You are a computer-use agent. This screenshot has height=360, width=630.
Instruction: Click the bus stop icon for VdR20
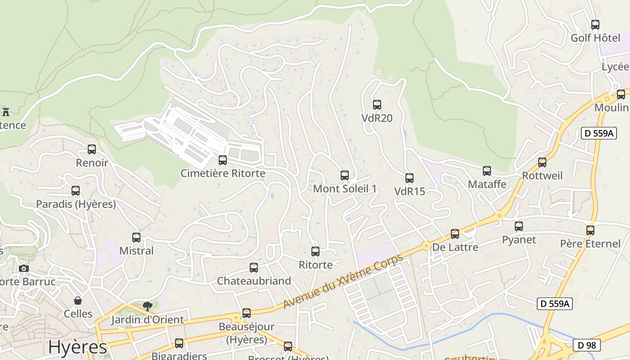(x=377, y=105)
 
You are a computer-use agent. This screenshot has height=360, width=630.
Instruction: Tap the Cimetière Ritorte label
(x=223, y=173)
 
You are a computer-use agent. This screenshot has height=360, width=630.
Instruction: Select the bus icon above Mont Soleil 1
(x=345, y=175)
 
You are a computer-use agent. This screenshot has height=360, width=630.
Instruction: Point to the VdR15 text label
(x=409, y=191)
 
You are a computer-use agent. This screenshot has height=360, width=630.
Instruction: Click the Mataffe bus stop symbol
(x=487, y=171)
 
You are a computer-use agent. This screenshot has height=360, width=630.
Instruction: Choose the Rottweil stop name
(x=542, y=175)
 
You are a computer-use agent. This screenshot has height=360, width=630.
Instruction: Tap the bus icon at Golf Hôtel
(x=595, y=25)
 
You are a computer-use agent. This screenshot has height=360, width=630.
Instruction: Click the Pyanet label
(x=519, y=239)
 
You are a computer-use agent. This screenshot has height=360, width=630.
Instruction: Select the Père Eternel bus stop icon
(x=590, y=230)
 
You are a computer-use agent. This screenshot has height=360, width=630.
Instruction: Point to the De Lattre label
(x=455, y=247)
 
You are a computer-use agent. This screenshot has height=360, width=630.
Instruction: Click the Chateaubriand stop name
(x=254, y=281)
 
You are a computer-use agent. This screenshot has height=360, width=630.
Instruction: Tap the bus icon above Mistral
(x=136, y=238)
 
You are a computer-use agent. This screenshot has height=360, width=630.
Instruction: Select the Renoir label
(x=92, y=162)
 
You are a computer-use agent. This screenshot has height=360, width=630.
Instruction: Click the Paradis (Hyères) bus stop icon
(x=76, y=191)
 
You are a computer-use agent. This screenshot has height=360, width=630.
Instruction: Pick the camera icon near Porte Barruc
(x=24, y=268)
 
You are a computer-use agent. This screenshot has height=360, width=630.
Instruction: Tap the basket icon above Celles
(x=78, y=301)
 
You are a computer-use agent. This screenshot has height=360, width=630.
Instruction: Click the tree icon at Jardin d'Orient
(x=147, y=306)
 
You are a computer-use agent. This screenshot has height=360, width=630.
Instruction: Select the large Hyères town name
(x=78, y=347)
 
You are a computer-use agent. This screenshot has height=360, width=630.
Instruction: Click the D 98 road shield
(x=587, y=345)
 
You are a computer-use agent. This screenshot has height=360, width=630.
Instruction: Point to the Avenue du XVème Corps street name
(x=342, y=282)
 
